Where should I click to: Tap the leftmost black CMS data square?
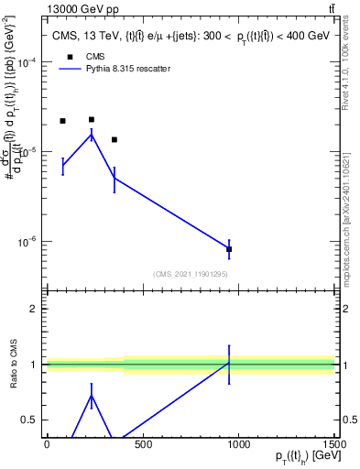click(x=62, y=121)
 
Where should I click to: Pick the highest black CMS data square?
click(x=92, y=119)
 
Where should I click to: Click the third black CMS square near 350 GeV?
click(x=115, y=140)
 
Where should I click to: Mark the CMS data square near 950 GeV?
click(x=229, y=249)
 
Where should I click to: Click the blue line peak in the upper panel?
click(x=92, y=135)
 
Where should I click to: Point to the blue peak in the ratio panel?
click(x=92, y=396)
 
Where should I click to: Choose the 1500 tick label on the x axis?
click(x=334, y=444)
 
